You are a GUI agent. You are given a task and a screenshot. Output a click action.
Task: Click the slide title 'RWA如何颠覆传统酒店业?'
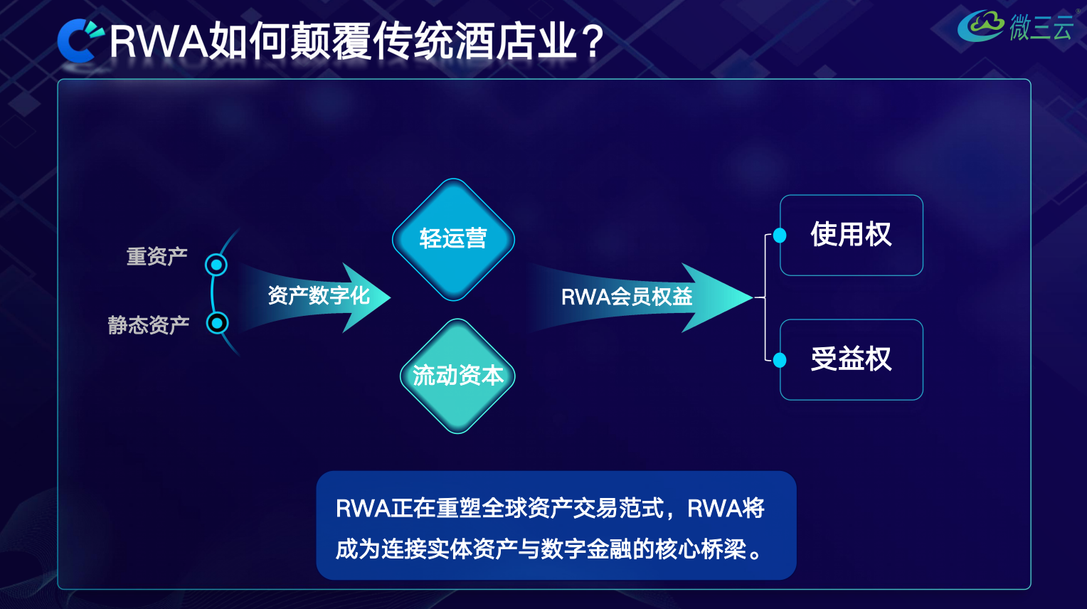356,41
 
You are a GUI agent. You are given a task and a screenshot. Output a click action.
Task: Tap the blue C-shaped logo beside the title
79,41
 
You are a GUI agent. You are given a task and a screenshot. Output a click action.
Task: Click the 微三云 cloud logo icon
981,26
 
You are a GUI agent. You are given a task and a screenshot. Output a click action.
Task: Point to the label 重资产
157,256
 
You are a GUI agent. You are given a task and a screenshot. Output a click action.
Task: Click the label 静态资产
148,325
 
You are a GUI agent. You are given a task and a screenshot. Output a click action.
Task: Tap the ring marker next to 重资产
216,265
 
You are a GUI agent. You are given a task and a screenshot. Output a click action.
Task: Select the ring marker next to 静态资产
217,323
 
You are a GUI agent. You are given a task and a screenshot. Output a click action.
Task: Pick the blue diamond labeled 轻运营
453,239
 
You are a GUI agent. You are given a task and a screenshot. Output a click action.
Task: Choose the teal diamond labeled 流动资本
457,376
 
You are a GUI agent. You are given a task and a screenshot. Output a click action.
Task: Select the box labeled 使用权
852,235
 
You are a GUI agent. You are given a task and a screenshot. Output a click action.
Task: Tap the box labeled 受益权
852,359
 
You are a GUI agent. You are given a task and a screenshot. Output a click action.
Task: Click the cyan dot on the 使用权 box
780,235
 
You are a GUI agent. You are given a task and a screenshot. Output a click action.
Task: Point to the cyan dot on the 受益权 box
780,360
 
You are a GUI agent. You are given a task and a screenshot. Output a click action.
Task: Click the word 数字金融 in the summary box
586,549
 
